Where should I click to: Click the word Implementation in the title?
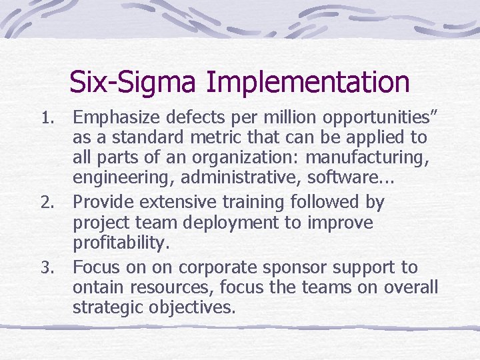coord(308,83)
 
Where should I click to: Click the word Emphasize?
coord(116,119)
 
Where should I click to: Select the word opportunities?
coord(376,119)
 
